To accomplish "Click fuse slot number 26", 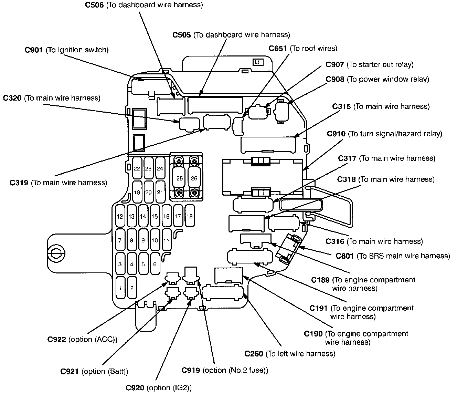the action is [x=194, y=178].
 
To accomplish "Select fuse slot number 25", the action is [x=179, y=178].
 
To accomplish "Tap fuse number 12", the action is [x=120, y=216].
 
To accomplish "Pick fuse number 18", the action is [x=190, y=216].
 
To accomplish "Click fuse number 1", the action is [x=120, y=288].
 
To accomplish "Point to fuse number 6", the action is [x=155, y=264].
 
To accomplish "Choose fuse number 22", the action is [x=137, y=168].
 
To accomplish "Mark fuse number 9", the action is [x=143, y=240].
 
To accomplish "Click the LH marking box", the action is [x=258, y=62].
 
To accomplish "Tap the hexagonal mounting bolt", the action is [x=56, y=253].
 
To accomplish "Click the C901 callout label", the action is [x=66, y=50].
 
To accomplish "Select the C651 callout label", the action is [x=303, y=49].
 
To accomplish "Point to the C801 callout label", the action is [x=393, y=256].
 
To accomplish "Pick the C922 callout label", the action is [x=82, y=339].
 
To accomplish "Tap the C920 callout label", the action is [x=159, y=387].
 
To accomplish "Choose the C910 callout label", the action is [x=384, y=134].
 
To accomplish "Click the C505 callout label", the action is [x=231, y=35].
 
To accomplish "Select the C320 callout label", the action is [x=52, y=98].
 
